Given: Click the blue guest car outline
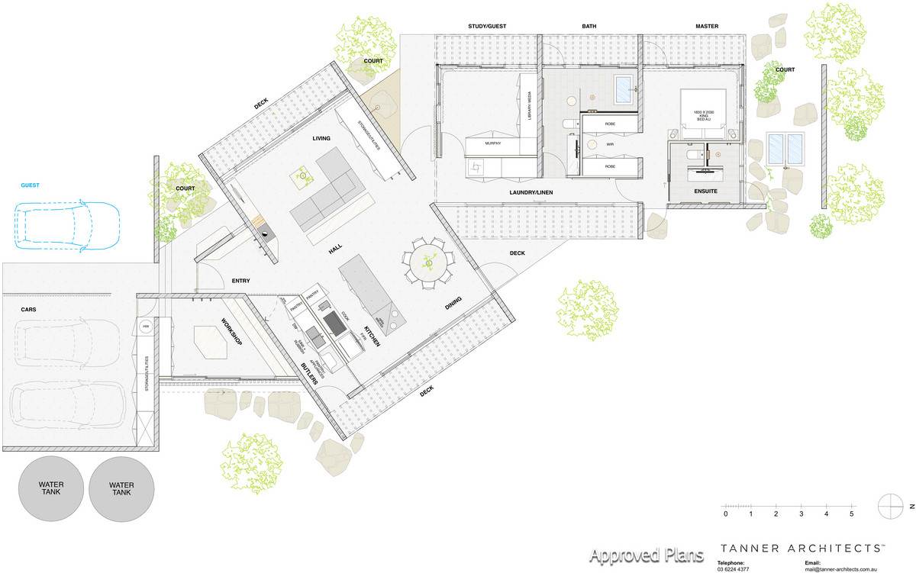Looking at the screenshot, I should click(x=67, y=224).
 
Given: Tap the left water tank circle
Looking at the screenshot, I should click(x=51, y=489).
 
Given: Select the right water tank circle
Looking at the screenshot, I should click(x=121, y=489).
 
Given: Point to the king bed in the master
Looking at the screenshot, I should click(x=703, y=115).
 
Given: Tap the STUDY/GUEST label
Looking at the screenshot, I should click(x=487, y=27).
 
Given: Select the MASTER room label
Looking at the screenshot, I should click(x=707, y=27).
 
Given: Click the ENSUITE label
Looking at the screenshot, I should click(x=705, y=191).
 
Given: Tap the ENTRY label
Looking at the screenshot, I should click(x=241, y=281).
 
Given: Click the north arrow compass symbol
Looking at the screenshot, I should click(x=891, y=505).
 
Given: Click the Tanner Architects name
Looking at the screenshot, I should click(x=804, y=549).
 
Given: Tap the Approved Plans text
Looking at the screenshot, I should click(x=647, y=555).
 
